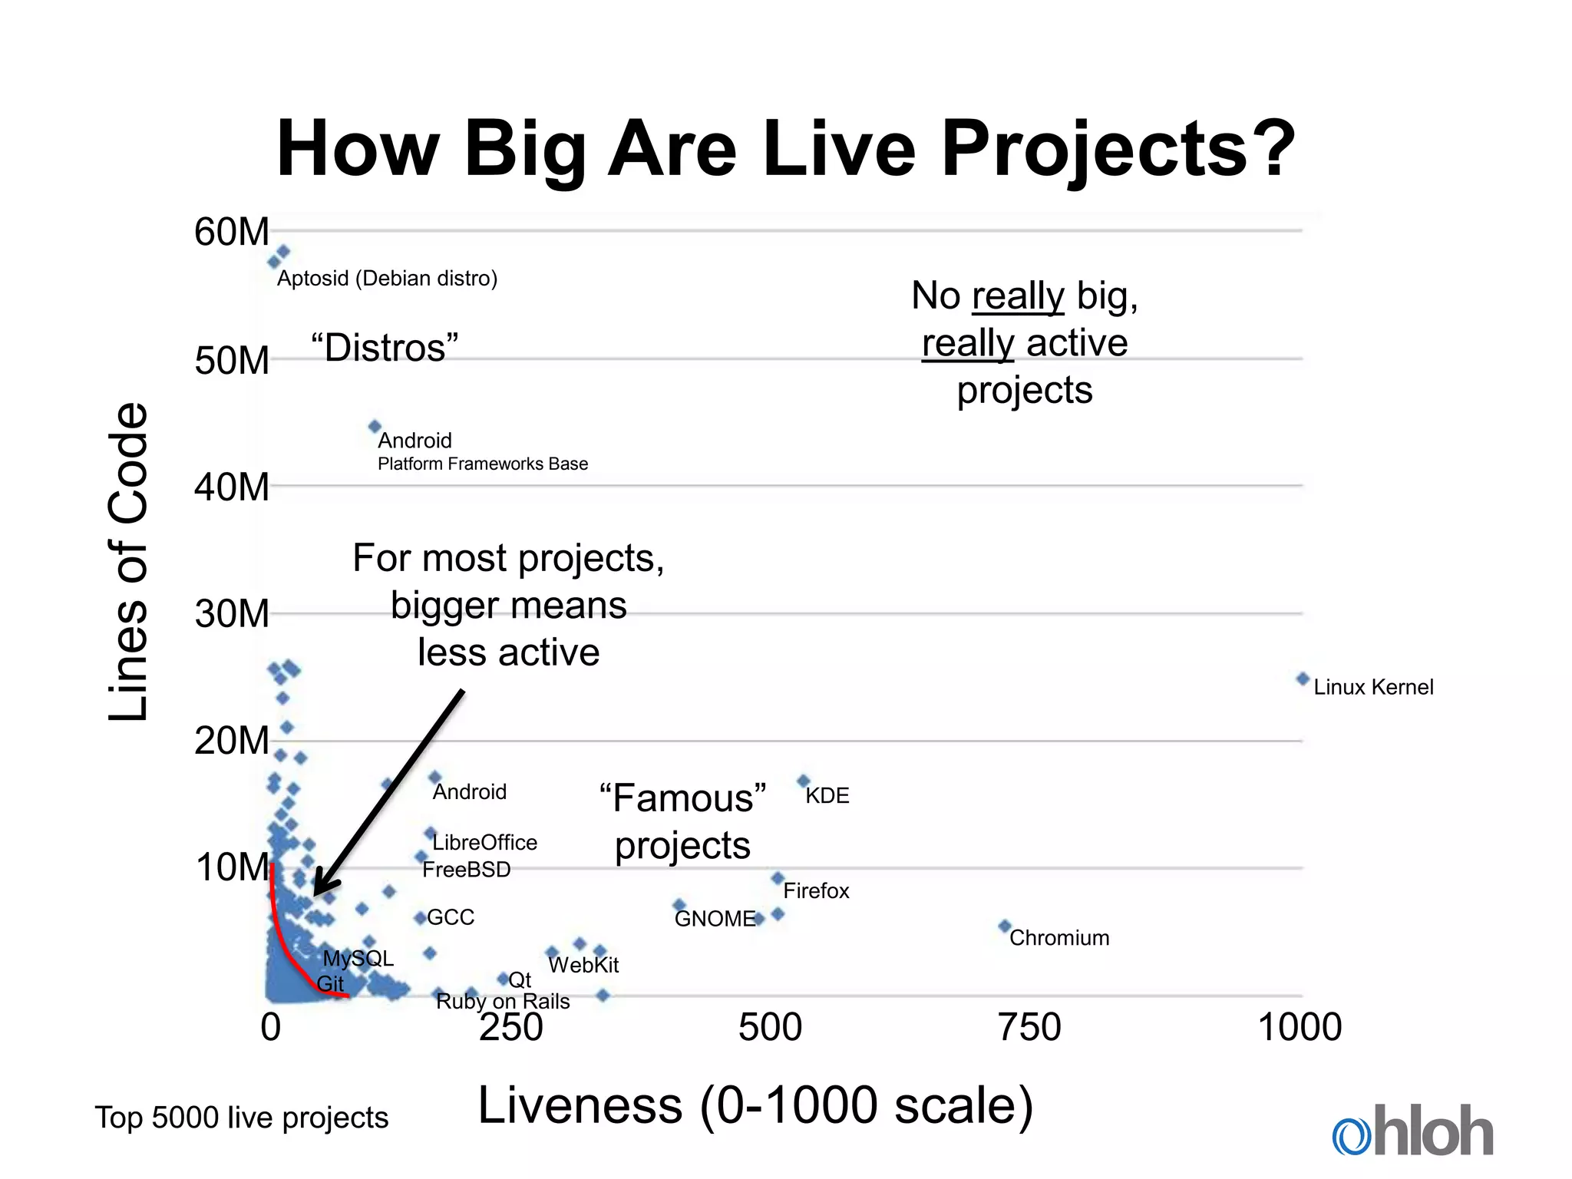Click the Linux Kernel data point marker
point(1303,679)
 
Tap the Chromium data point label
point(1058,938)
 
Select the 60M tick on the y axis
point(231,232)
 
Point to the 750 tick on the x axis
point(1029,1027)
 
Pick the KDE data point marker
point(804,781)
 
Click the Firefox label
point(816,891)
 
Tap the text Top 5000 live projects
point(241,1118)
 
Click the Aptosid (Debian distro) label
point(387,279)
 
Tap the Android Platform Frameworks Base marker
point(375,426)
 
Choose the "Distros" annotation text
point(385,348)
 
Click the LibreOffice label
point(484,843)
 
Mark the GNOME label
point(715,919)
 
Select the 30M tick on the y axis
point(231,614)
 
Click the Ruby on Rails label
point(503,1002)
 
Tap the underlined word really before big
point(1018,296)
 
